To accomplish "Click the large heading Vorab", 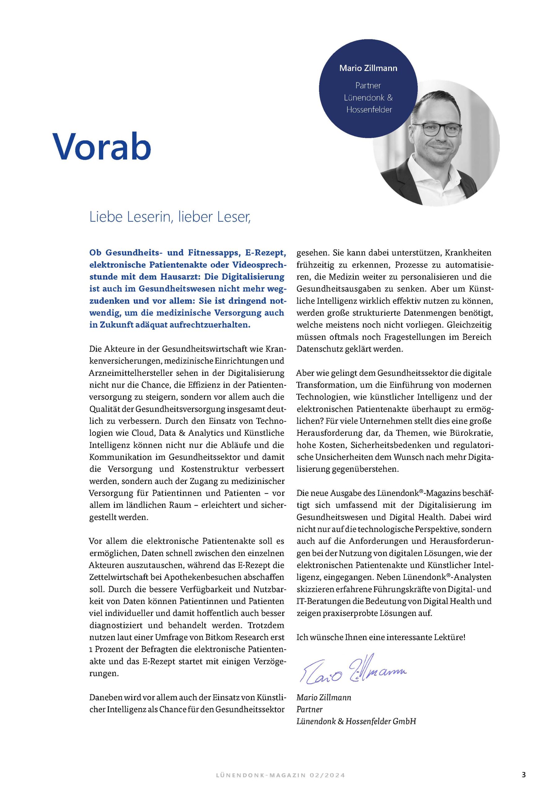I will (102, 146).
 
